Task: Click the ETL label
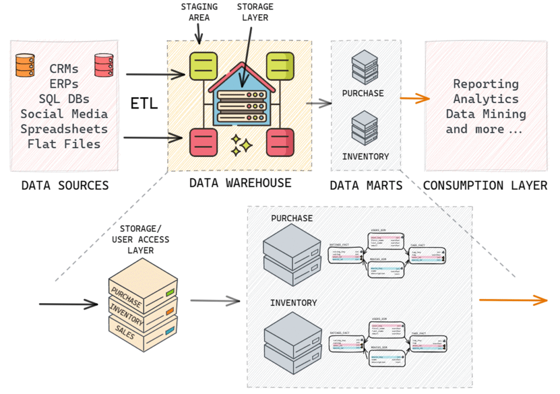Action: point(144,103)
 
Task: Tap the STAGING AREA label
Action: point(199,12)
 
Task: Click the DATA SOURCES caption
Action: point(65,186)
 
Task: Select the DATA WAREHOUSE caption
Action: point(240,183)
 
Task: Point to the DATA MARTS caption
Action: point(366,186)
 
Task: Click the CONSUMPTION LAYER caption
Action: point(485,186)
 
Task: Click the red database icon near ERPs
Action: point(103,65)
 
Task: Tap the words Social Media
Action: point(64,114)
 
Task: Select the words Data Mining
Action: point(486,114)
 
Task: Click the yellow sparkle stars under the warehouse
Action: point(241,145)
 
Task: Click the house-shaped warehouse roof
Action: point(241,74)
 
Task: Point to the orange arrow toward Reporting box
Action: point(415,99)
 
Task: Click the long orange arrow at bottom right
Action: point(513,300)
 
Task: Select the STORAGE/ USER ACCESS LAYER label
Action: point(141,239)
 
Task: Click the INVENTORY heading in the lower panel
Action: point(293,303)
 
